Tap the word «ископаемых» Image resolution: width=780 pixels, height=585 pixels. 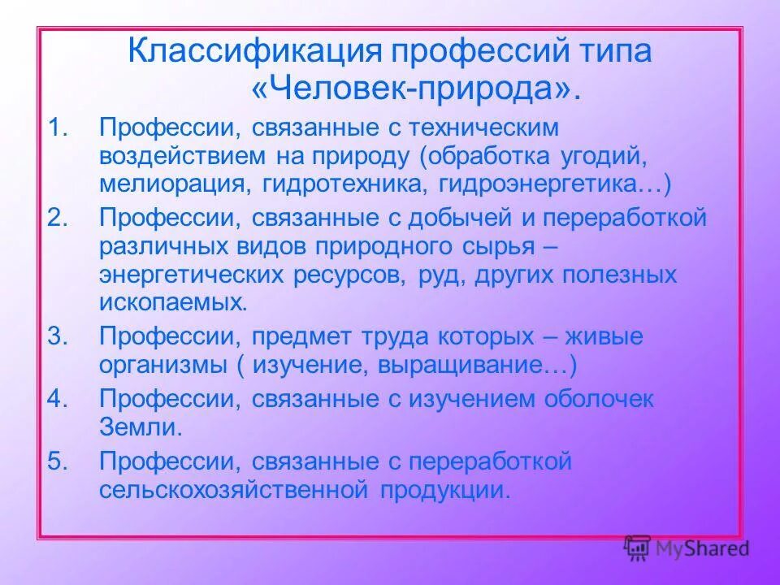171,304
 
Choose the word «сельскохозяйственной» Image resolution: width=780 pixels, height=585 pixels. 233,490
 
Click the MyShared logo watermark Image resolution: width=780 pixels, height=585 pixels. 686,548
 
